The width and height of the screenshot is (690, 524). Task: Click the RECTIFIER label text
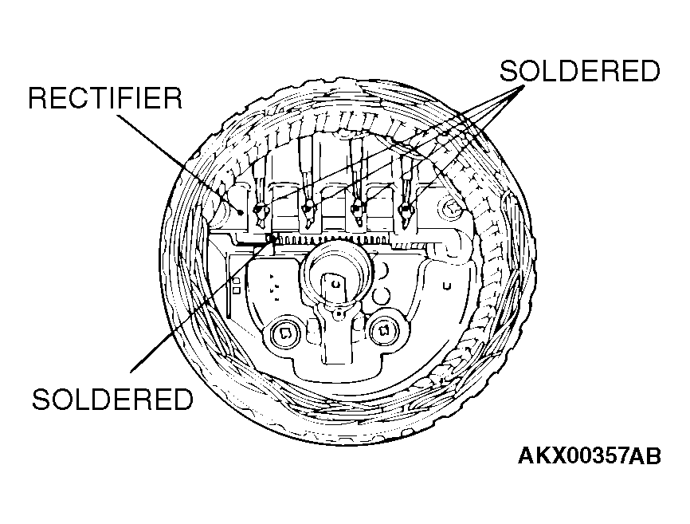point(105,99)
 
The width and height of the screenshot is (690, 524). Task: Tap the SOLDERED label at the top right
point(579,71)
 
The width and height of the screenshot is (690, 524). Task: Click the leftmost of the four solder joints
point(258,210)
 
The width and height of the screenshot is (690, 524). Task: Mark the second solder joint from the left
point(308,210)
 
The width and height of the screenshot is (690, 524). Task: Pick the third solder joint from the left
point(358,210)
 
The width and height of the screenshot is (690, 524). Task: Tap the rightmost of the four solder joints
point(406,210)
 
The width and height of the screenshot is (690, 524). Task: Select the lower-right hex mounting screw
point(383,329)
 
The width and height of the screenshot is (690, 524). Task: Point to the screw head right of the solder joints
point(453,209)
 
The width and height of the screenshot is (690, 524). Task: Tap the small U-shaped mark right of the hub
point(449,282)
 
